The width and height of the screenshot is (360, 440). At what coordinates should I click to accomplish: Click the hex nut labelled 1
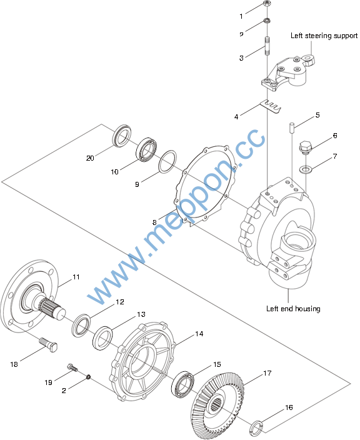(x=267, y=4)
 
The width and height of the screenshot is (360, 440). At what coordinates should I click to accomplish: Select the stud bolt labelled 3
(x=267, y=46)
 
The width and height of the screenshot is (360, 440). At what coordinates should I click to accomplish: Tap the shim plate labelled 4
(x=271, y=107)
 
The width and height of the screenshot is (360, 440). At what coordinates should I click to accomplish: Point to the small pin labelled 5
(x=292, y=127)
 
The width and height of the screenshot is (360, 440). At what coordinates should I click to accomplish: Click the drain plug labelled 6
(x=305, y=148)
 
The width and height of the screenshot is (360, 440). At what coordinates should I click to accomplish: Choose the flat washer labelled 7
(x=305, y=169)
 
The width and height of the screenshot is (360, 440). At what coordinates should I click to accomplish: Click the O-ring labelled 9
(x=167, y=162)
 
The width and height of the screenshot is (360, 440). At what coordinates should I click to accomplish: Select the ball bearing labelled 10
(x=146, y=149)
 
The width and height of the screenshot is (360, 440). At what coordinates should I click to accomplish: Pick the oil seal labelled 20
(x=122, y=135)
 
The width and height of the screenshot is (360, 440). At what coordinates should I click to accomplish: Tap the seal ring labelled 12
(x=81, y=326)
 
